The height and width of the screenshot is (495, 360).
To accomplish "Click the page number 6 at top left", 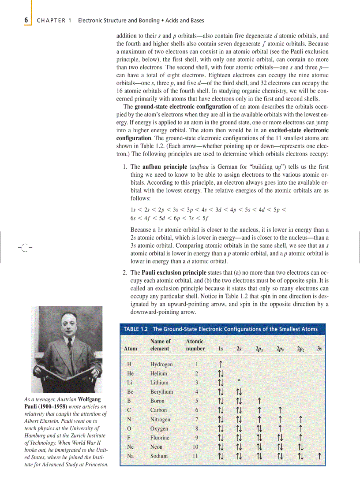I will point(26,20).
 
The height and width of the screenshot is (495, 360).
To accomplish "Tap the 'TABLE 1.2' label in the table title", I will point(136,329).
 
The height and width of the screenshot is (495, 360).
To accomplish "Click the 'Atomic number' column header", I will point(195,345).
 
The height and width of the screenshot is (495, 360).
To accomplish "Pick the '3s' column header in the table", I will point(319,349).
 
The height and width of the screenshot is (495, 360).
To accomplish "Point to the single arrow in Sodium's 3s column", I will point(319,456).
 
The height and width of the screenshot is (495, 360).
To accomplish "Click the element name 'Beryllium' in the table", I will point(161,392).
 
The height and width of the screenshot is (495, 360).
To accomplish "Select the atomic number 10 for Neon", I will point(195,447).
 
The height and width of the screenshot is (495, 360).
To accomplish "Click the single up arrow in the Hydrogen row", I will point(220,365).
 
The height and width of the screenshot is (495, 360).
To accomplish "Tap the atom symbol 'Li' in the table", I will point(129,383).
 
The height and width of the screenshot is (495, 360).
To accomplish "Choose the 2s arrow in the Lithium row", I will point(238,383).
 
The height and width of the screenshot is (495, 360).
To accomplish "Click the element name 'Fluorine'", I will point(161,438).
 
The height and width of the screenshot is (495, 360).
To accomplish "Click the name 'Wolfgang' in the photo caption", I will point(92,399).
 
